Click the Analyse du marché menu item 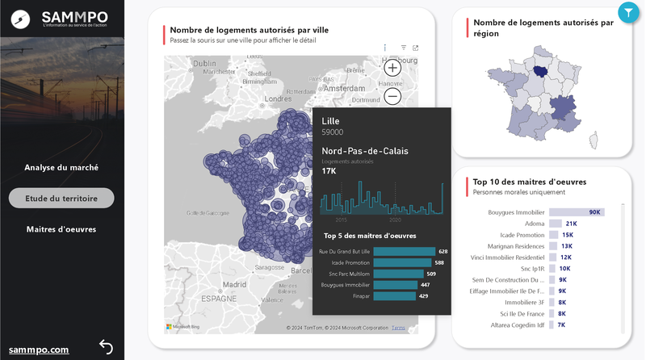click(x=61, y=168)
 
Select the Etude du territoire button click(x=61, y=198)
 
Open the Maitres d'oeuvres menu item click(x=61, y=229)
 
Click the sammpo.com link click(x=39, y=350)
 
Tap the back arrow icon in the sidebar click(x=106, y=347)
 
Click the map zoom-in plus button click(x=392, y=68)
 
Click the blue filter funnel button click(x=627, y=12)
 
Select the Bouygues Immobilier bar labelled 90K click(x=576, y=212)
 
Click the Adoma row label click(x=534, y=224)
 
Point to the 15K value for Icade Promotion click(x=568, y=235)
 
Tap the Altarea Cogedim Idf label click(x=517, y=324)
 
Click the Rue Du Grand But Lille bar click(x=405, y=252)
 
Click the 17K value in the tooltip click(x=329, y=171)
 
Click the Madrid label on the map click(x=234, y=284)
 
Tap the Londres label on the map click(x=278, y=99)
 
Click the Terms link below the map click(x=398, y=328)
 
